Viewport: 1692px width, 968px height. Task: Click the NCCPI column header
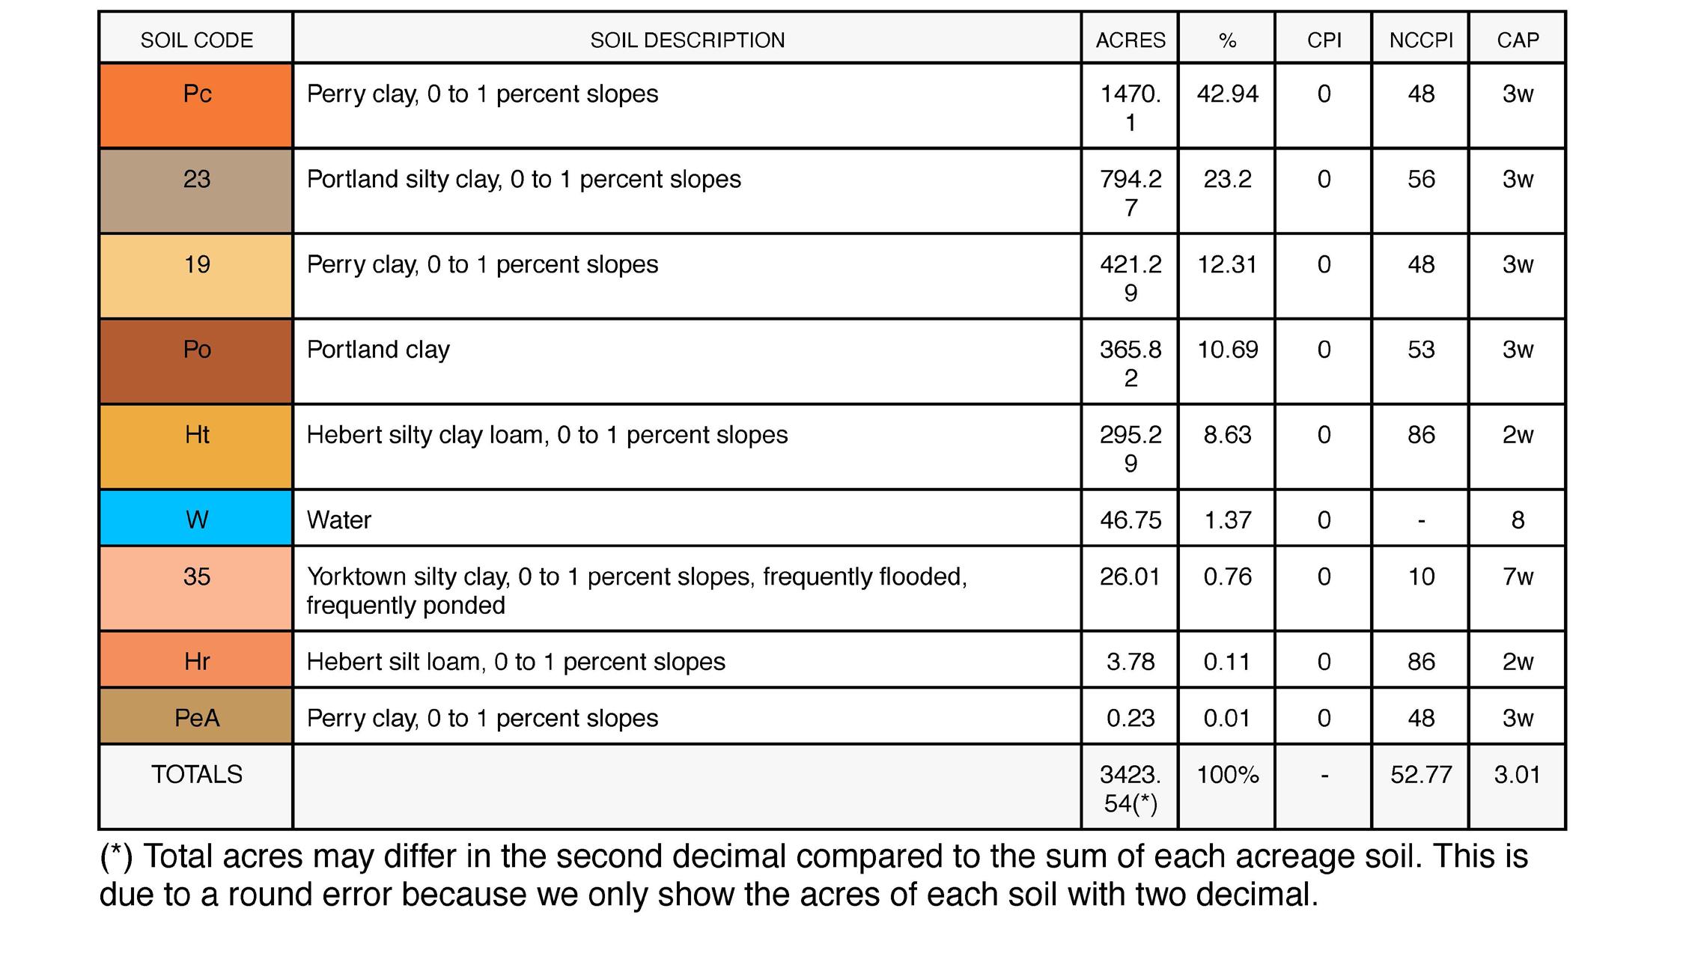coord(1420,40)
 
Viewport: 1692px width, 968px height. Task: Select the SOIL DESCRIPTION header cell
coord(687,40)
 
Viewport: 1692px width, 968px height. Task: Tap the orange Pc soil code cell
coord(196,105)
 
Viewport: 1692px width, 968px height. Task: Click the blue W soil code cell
coord(196,519)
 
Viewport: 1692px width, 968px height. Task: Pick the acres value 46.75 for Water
coord(1130,520)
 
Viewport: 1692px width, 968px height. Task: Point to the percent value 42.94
coord(1227,94)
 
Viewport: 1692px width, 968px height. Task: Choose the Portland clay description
coord(378,350)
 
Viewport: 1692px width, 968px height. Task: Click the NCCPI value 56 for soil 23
coord(1420,179)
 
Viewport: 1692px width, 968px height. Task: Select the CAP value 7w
coord(1518,576)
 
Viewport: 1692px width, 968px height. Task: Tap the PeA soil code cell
coord(196,717)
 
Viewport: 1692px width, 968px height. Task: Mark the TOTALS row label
coord(196,774)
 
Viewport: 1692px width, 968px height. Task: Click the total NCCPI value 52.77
coord(1420,774)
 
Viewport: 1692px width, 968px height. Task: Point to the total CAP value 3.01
coord(1518,774)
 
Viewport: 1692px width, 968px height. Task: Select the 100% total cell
coord(1227,774)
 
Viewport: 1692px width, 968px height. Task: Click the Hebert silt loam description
coord(516,662)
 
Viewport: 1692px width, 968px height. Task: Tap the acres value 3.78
coord(1130,662)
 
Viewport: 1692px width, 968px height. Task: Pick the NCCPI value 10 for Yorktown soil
coord(1420,576)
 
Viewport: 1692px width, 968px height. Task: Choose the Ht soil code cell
coord(196,447)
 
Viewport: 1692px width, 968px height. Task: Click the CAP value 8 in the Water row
coord(1518,520)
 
